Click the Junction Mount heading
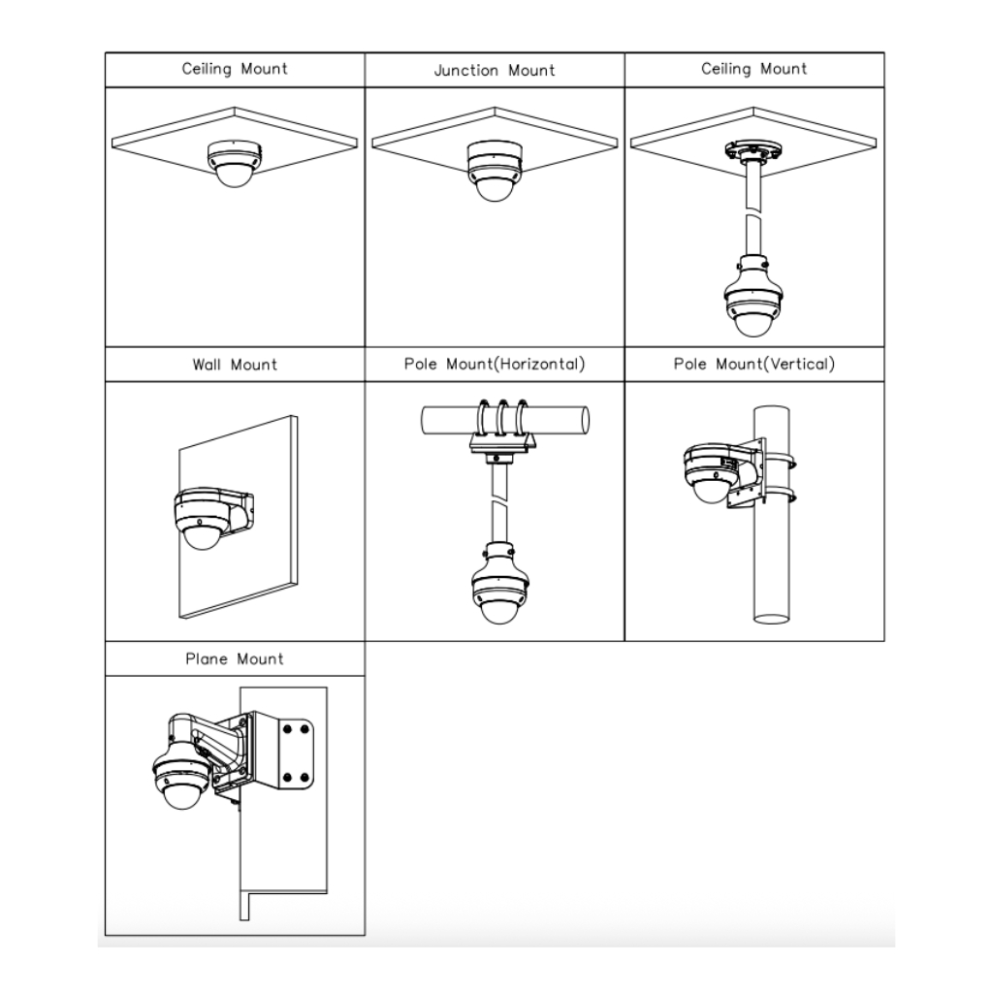click(495, 70)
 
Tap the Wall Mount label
click(235, 365)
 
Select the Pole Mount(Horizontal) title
click(495, 365)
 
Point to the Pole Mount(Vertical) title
click(754, 365)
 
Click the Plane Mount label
click(235, 659)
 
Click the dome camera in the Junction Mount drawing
click(495, 171)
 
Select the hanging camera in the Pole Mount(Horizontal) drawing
click(500, 583)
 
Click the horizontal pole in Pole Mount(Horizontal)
click(505, 421)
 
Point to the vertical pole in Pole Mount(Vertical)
click(771, 514)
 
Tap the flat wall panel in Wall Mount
click(239, 517)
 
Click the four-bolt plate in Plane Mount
click(296, 754)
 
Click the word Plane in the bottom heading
click(207, 659)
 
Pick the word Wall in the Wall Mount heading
click(207, 365)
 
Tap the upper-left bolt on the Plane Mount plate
click(288, 730)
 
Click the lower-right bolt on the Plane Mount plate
click(304, 777)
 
